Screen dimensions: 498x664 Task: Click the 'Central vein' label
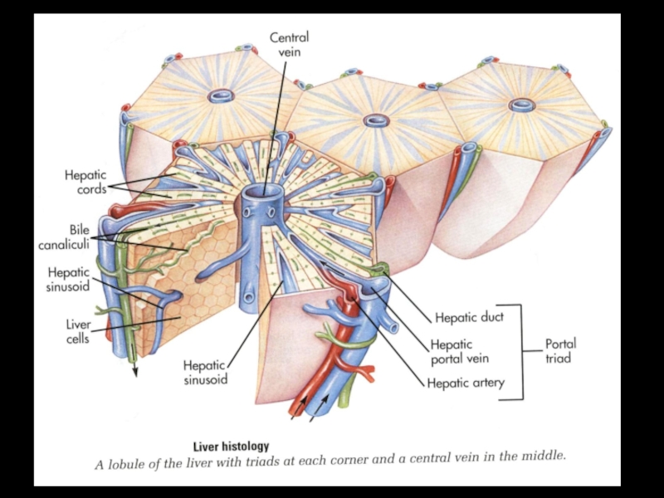(x=290, y=44)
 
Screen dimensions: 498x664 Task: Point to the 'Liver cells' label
(x=77, y=330)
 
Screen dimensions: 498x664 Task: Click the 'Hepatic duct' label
(x=469, y=316)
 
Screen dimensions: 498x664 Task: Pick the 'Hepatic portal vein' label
(x=459, y=351)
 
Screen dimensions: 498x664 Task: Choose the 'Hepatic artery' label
(x=465, y=383)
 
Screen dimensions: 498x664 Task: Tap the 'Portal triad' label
(x=560, y=350)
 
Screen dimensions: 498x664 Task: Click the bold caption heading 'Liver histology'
(x=231, y=447)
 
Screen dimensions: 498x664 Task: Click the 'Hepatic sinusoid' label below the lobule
(x=205, y=373)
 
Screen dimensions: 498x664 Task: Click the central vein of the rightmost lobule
(x=521, y=105)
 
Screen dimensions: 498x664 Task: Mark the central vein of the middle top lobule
(x=373, y=122)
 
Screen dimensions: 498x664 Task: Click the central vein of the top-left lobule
(x=220, y=97)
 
